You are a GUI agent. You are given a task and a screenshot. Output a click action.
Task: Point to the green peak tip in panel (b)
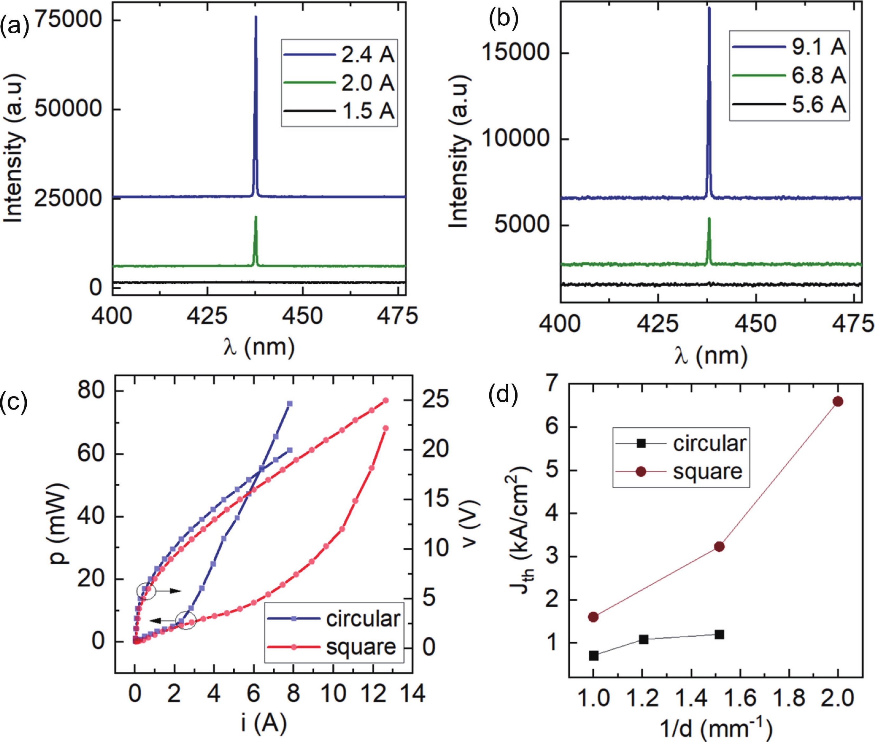709,218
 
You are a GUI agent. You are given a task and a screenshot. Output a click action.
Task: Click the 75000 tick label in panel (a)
68,19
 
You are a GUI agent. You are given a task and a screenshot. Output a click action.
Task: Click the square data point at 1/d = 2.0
838,401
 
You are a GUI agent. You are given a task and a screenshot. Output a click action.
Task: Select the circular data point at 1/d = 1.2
643,639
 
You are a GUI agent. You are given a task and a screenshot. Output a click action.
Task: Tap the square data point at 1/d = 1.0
593,617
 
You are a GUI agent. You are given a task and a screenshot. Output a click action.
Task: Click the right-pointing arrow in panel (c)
170,591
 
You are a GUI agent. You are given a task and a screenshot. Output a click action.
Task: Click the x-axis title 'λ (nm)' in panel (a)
258,348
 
